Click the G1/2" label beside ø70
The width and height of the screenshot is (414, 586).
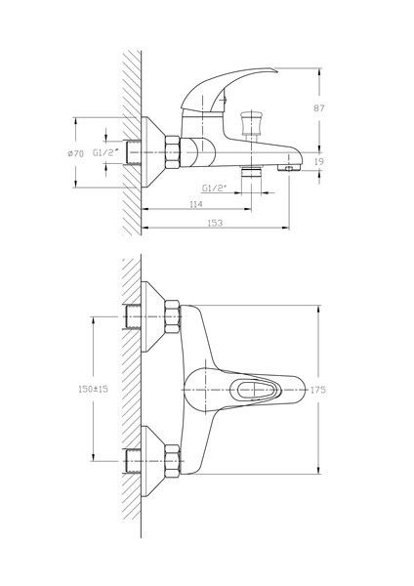pos(106,153)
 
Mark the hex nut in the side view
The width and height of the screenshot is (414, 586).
pos(172,152)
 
